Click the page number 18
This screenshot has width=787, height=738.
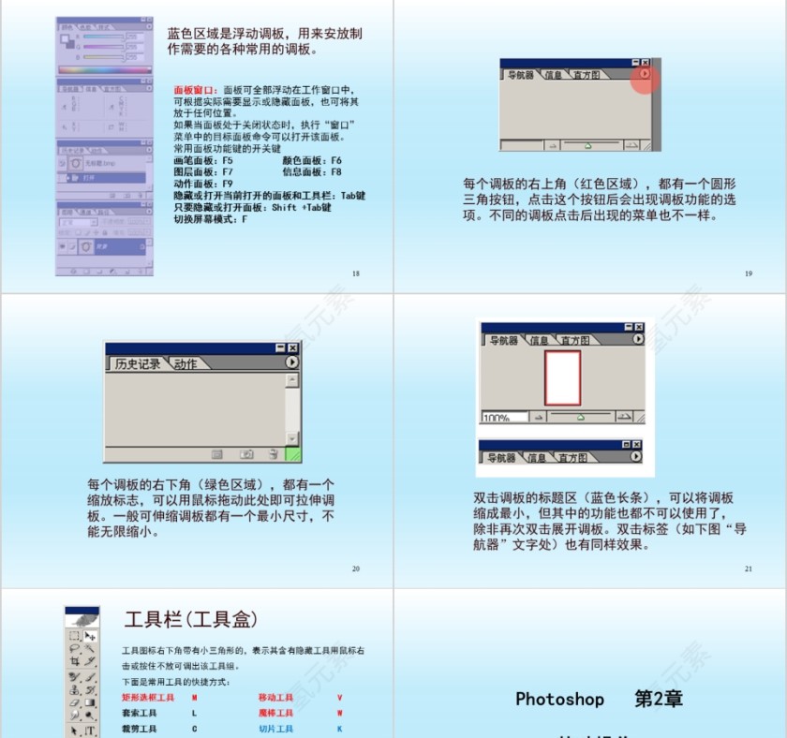(355, 273)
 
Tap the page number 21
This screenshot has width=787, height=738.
(748, 568)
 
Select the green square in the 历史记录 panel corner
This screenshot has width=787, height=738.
(292, 454)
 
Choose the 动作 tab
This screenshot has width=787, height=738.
(186, 363)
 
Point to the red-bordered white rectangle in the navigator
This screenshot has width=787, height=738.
(562, 377)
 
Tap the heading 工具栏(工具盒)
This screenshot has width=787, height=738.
(191, 619)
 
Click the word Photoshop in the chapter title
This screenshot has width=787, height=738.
(559, 699)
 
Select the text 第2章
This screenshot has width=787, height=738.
(658, 699)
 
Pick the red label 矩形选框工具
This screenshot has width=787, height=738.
(148, 698)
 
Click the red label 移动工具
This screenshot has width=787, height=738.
(275, 698)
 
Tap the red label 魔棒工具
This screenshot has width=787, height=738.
(275, 713)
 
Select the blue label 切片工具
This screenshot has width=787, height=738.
(275, 729)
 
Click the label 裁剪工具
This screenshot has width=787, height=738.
(139, 729)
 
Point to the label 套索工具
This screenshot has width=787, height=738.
(139, 713)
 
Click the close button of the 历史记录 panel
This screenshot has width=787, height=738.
(293, 347)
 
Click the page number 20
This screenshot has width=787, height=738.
(355, 568)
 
